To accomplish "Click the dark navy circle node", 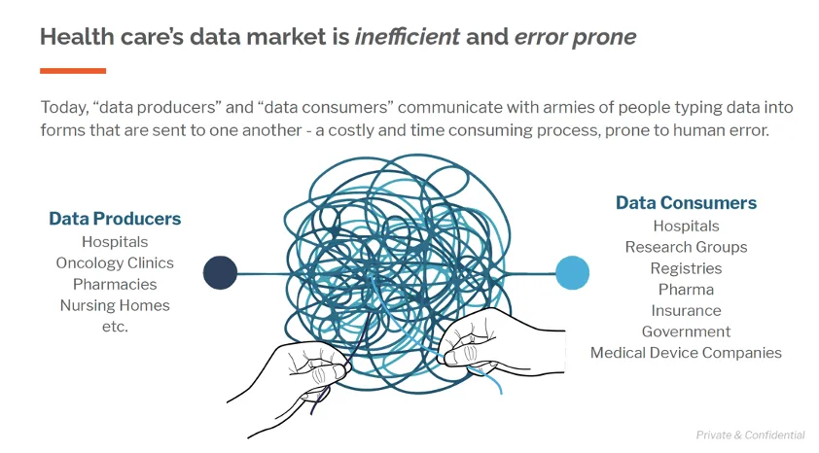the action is tap(220, 272).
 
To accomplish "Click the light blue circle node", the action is tap(572, 272).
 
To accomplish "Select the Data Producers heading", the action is tap(115, 219).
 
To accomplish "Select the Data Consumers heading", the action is tap(686, 203).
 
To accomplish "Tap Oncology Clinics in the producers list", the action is tap(115, 262).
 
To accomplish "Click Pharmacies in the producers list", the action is tap(115, 284).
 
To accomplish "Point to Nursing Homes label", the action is tap(115, 305).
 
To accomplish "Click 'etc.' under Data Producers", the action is tap(115, 327).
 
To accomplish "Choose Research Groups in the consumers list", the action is tap(686, 247).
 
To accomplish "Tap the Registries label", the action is tap(686, 268).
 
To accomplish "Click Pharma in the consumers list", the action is tap(686, 290).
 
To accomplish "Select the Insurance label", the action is tap(686, 311).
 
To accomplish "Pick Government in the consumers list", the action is tap(686, 331).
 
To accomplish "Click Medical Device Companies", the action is tap(686, 353).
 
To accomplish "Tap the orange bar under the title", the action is tap(73, 70).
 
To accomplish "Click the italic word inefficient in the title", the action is tap(407, 38).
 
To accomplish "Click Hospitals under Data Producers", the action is tap(115, 241).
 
